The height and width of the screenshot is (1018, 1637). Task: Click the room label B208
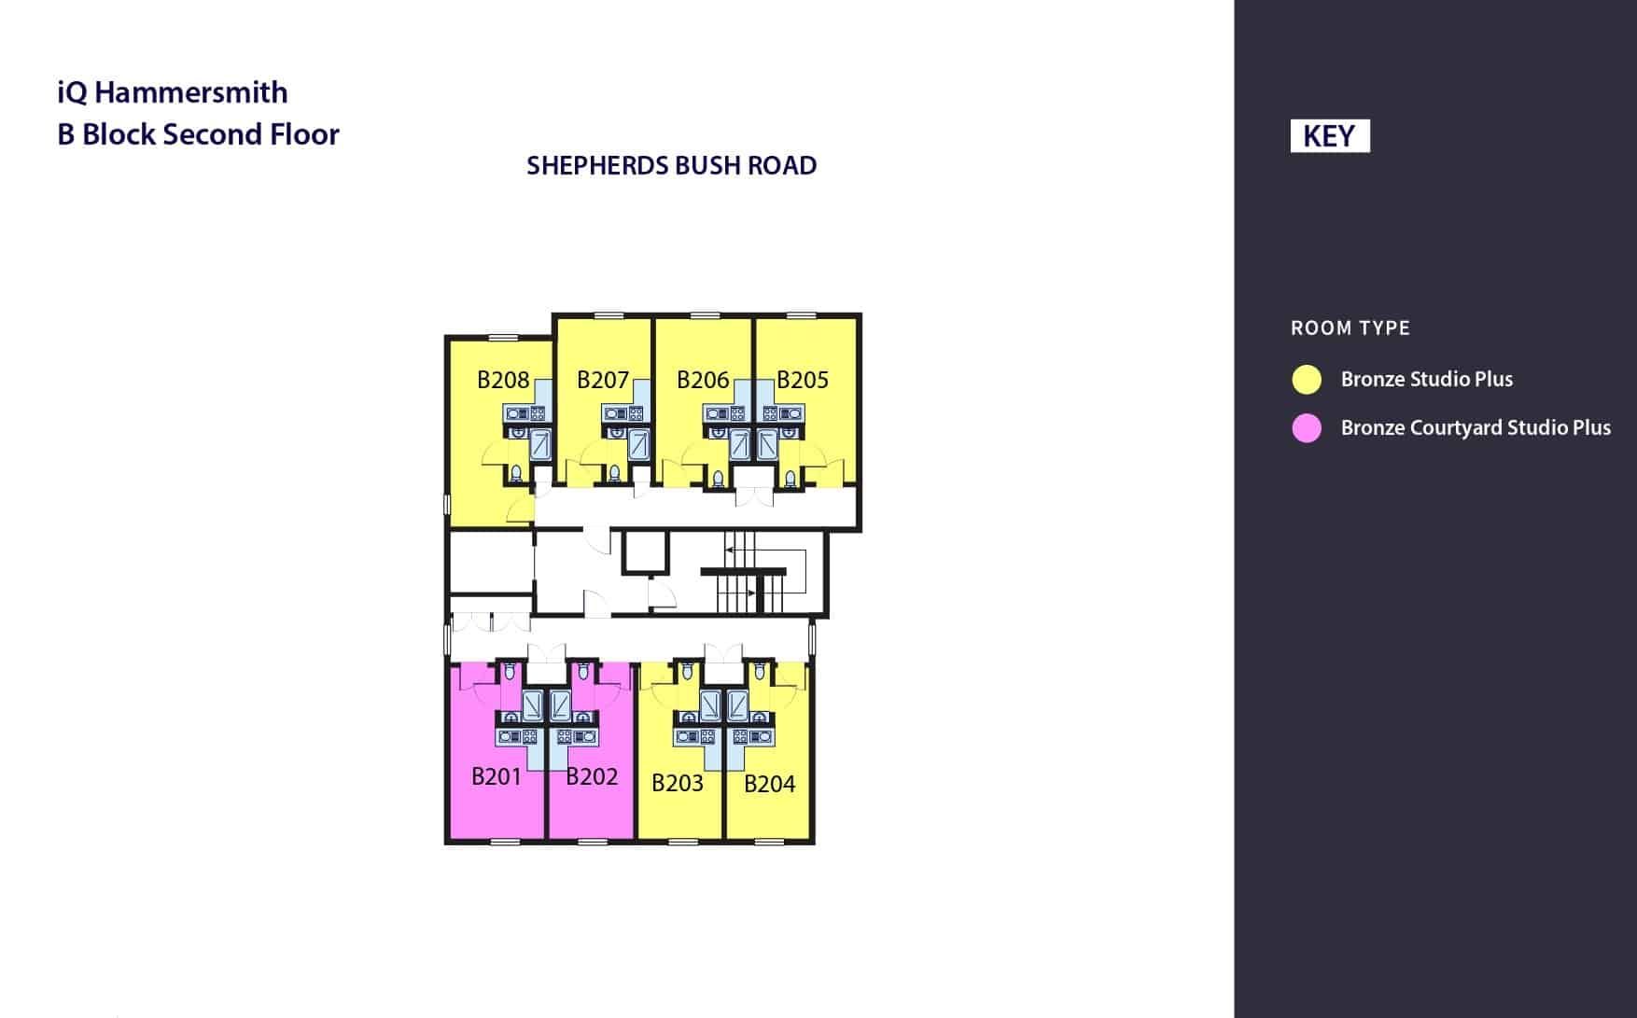pos(503,380)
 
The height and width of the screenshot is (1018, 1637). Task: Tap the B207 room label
pos(603,380)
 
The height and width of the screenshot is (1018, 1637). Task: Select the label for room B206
pos(703,380)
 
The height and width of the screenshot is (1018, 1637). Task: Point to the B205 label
pos(803,380)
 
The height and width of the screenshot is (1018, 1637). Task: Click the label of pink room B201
pos(497,776)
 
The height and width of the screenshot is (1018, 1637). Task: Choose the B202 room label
pos(592,776)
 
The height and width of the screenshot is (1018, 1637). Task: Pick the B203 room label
pos(678,783)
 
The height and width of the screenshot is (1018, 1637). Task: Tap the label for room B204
pos(770,784)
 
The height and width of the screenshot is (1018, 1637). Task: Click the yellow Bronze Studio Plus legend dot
pos(1307,380)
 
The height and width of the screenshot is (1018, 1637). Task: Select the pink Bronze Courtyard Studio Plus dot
pos(1307,428)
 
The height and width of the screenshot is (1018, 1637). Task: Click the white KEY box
pos(1329,136)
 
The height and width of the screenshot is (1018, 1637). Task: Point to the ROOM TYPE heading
pos(1350,328)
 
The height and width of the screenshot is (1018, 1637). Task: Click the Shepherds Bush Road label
pos(672,166)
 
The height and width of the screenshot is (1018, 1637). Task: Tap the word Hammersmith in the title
pos(191,92)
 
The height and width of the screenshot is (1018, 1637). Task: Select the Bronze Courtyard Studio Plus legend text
pos(1476,428)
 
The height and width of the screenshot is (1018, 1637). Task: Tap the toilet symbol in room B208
pos(516,474)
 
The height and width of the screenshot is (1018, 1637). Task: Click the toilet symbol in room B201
pos(510,671)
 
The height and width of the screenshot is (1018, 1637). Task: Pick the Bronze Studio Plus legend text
pos(1427,380)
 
